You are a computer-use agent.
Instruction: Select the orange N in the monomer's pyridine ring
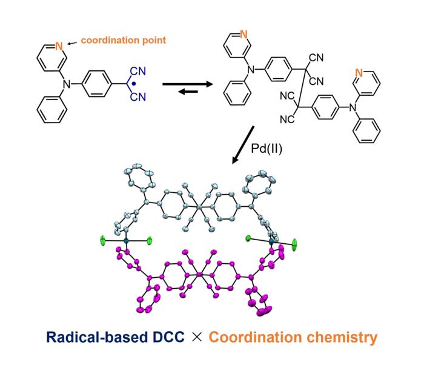[59, 45]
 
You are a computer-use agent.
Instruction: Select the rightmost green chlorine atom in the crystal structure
[295, 245]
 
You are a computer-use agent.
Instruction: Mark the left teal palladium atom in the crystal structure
[126, 241]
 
